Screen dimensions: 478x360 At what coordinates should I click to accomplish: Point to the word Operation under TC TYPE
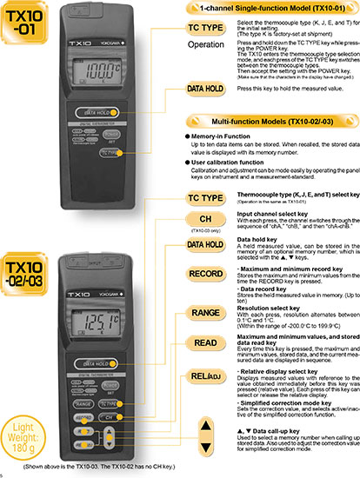pos(208,43)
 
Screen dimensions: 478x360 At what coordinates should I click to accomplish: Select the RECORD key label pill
pos(207,275)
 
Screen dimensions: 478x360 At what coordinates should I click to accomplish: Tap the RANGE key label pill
pos(207,311)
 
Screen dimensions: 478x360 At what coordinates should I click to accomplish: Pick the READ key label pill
pos(207,343)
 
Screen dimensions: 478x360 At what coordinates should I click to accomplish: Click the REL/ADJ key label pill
pos(207,376)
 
